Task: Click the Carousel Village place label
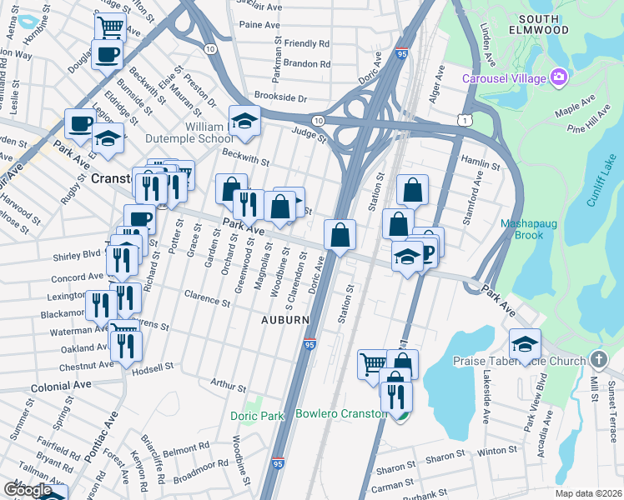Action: coord(505,78)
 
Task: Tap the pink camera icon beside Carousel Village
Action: coord(558,78)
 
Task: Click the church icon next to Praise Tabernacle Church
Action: coord(598,360)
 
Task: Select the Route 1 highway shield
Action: coord(465,121)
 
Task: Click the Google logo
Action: coord(28,489)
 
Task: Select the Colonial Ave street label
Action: coord(61,387)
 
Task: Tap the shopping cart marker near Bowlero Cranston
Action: coord(372,362)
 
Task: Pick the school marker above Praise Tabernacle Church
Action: coord(525,342)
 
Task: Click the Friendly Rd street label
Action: coord(307,43)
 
